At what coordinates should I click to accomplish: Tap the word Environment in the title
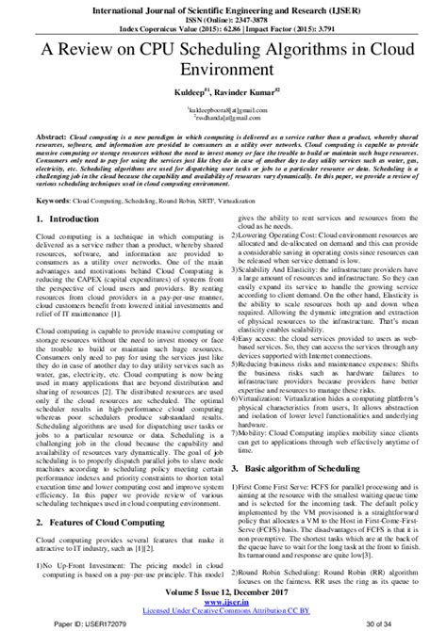[223, 70]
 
